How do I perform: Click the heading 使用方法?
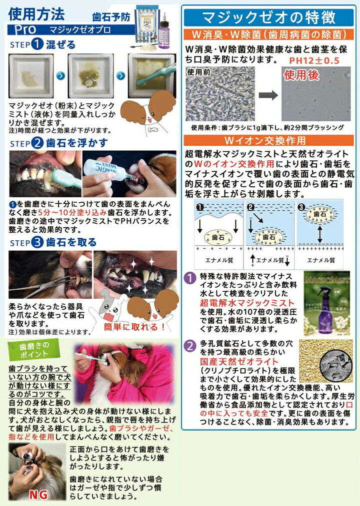(36, 14)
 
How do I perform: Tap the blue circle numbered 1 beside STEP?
(37, 44)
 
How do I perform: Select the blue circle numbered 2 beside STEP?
(37, 143)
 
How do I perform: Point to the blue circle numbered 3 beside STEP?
(37, 242)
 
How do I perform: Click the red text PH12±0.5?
(314, 60)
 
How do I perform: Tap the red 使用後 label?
(302, 75)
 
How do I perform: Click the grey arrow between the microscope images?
(268, 95)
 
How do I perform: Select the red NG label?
(38, 495)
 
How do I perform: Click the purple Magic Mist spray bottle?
(326, 305)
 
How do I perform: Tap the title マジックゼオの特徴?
(268, 18)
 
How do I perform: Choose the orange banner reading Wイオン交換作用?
(268, 141)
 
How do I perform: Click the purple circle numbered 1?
(190, 278)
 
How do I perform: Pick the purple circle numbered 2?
(190, 346)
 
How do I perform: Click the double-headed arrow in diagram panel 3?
(319, 234)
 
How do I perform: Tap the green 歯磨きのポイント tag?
(34, 350)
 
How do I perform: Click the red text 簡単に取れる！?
(135, 327)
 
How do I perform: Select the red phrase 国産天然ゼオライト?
(239, 362)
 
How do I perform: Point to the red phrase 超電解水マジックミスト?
(247, 303)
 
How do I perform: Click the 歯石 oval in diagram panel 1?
(218, 237)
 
